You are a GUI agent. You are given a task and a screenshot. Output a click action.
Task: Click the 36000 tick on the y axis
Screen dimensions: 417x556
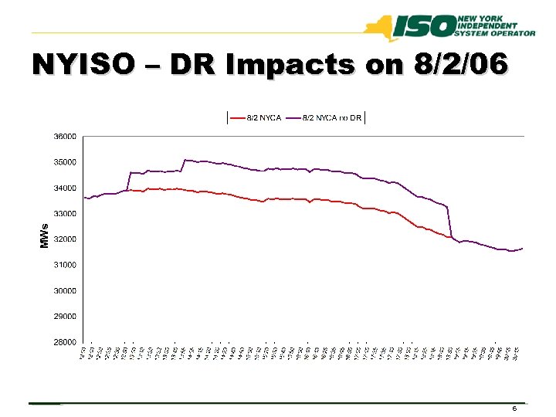[65, 137]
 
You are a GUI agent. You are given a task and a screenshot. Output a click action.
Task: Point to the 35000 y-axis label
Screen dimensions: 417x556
[65, 162]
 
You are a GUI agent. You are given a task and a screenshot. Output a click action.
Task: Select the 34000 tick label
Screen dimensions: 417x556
[65, 188]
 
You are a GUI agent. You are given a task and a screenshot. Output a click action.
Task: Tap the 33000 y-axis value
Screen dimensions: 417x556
[65, 213]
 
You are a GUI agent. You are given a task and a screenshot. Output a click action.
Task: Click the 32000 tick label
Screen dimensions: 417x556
[65, 239]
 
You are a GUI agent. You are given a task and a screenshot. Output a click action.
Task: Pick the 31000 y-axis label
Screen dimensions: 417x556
[65, 265]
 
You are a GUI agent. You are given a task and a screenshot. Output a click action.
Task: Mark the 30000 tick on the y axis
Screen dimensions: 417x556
[65, 290]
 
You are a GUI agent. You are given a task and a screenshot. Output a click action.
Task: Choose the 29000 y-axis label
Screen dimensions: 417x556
[65, 316]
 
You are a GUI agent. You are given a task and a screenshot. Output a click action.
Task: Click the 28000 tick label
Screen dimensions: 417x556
[65, 342]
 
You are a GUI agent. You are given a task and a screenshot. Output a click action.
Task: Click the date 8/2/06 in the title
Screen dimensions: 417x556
[460, 65]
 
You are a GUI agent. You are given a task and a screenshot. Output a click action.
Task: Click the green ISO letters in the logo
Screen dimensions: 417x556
[424, 28]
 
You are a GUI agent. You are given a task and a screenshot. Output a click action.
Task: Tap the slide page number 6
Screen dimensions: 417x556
[514, 408]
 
